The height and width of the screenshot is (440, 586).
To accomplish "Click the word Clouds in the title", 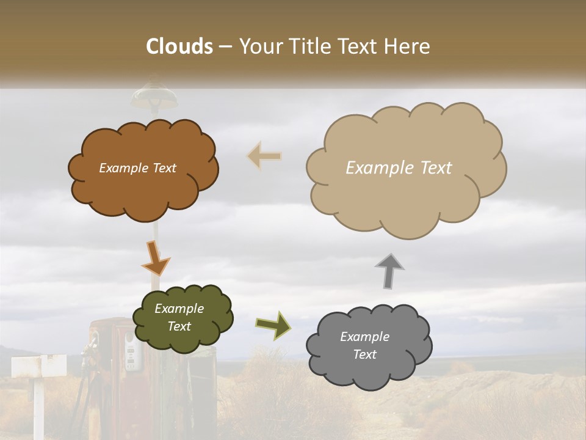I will tap(179, 46).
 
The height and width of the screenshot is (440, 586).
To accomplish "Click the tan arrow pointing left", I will tap(264, 156).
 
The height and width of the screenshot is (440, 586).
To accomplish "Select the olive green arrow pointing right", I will tap(273, 325).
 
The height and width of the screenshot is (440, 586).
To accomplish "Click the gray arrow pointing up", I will tap(389, 270).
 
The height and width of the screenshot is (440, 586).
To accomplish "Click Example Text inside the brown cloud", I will tap(137, 168).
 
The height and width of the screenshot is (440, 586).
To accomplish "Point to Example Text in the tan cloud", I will tap(399, 168).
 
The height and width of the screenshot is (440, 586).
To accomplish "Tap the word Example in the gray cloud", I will tap(364, 337).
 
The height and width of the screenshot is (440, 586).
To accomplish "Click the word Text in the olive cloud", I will tap(179, 326).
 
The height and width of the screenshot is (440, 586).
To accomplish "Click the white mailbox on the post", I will tap(40, 366).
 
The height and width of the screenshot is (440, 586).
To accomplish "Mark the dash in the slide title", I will tap(225, 47).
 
